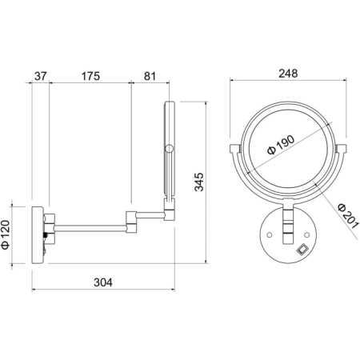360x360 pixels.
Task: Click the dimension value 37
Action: point(41,76)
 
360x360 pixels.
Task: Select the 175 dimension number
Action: point(90,76)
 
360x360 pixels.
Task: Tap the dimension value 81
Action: point(150,76)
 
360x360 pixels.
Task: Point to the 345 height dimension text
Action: point(199,182)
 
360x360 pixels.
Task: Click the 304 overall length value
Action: point(103,282)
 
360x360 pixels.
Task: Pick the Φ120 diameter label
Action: point(6,235)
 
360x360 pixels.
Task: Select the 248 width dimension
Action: point(288,74)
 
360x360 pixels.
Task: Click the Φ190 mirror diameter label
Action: point(281,145)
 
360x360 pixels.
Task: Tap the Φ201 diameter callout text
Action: point(347,216)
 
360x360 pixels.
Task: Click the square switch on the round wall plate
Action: point(302,250)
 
